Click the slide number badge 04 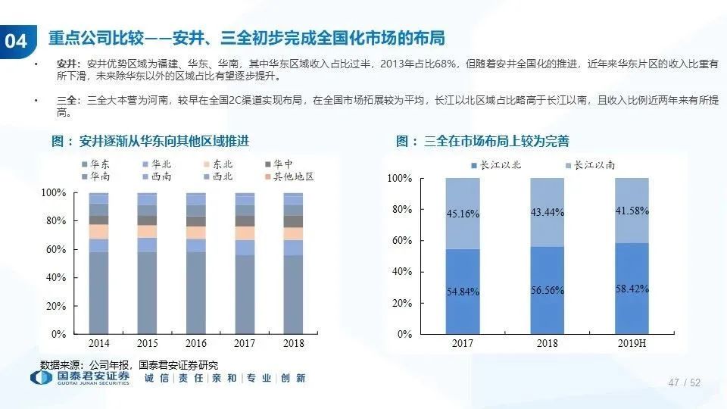click(x=16, y=42)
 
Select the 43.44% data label click(x=548, y=212)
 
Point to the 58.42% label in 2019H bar click(x=632, y=289)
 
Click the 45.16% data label click(x=463, y=214)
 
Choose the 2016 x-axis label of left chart click(x=195, y=343)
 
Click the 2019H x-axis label click(x=632, y=343)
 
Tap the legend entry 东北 click(x=221, y=163)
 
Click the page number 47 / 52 click(x=685, y=383)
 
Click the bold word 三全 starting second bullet click(x=67, y=100)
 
